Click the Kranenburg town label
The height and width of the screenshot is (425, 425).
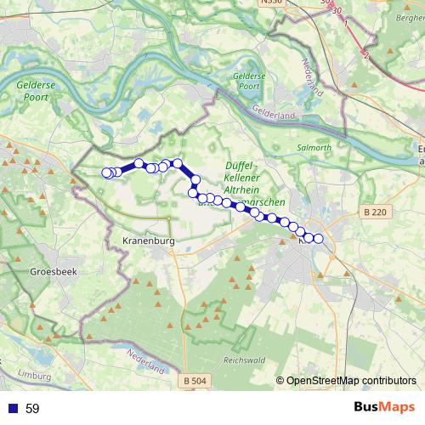coord(149,241)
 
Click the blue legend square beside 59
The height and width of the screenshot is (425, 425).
coord(12,408)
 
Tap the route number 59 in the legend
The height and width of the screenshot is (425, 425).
coord(32,408)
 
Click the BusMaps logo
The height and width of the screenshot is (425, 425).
coord(384,407)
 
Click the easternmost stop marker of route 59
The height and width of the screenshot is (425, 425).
coord(319,239)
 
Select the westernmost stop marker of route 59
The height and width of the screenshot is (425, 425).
coord(107,173)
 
